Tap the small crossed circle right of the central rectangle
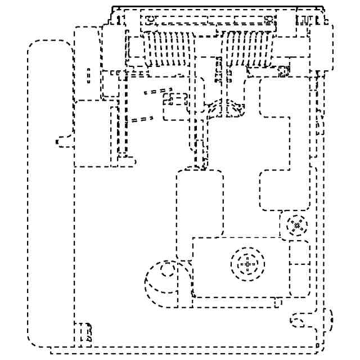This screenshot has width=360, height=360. coord(296,226)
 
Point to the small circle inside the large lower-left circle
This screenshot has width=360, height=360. coord(166,271)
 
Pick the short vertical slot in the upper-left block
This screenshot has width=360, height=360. coord(88,76)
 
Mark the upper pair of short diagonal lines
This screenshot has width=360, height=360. coord(157,91)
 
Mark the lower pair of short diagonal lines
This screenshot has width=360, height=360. coord(142,119)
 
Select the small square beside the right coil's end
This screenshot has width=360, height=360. coord(284,71)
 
